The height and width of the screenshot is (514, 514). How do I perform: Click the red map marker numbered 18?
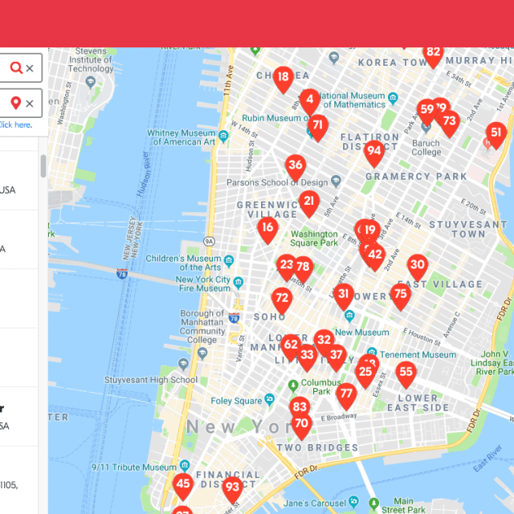click(283, 79)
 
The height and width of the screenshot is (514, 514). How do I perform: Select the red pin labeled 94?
click(373, 151)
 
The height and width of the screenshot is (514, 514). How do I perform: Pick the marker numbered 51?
click(496, 133)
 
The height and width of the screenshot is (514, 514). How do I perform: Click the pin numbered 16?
click(267, 228)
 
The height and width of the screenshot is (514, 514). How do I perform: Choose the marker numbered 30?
click(417, 266)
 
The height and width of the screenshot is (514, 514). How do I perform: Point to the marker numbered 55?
click(406, 373)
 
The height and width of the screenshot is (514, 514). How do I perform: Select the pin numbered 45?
click(183, 484)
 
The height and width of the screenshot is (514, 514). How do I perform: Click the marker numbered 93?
click(232, 487)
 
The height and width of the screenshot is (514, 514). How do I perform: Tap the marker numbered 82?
click(434, 54)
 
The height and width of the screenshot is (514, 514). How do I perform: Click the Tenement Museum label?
click(417, 355)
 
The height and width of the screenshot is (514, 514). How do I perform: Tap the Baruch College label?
click(426, 148)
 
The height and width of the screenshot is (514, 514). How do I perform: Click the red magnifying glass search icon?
click(16, 68)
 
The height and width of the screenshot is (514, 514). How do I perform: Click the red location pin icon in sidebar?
click(16, 103)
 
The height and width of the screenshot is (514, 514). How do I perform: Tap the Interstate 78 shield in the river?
click(122, 274)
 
